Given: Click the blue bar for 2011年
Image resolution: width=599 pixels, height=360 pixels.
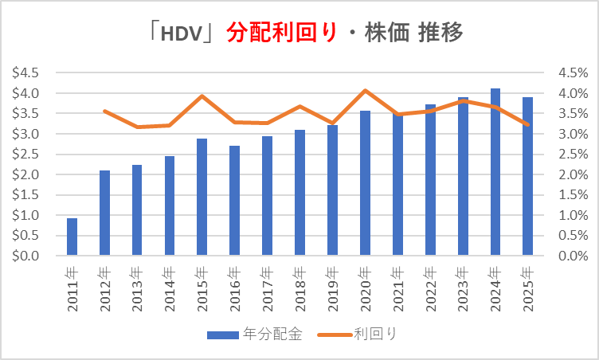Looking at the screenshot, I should point(72,237).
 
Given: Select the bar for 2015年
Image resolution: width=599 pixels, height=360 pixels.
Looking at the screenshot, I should point(202,198).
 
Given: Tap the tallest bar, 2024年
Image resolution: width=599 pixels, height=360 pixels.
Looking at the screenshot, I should point(495,172).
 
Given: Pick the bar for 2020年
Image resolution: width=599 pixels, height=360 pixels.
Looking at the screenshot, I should point(365,183).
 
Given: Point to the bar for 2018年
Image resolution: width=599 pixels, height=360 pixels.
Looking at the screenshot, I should point(299,193).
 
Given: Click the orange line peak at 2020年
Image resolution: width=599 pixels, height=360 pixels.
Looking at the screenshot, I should point(365,90).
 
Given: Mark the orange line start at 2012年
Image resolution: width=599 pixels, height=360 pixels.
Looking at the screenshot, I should point(104,111).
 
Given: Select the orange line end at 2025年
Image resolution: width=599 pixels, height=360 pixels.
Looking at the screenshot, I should point(527,124).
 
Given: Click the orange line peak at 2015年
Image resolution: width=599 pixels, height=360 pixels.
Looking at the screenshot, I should point(202,96).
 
